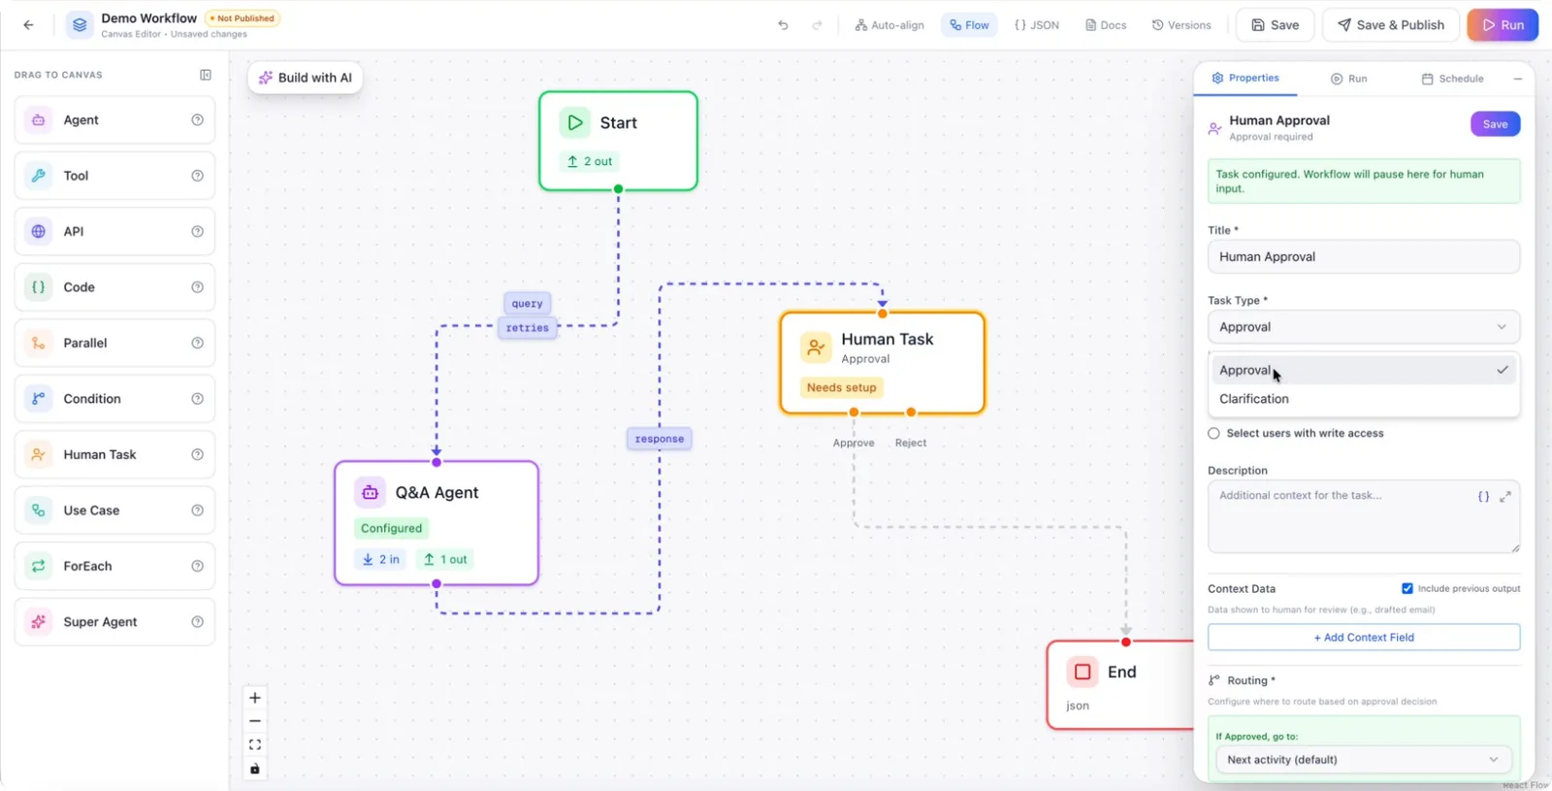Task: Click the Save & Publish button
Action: [1390, 25]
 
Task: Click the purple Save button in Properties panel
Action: [1495, 124]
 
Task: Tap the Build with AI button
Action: [305, 78]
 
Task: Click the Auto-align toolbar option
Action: [889, 25]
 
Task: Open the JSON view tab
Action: [1037, 25]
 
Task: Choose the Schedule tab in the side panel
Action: [1452, 79]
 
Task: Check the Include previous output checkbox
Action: [1406, 588]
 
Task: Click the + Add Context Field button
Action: [1364, 637]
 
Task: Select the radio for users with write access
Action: [1213, 433]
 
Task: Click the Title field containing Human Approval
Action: [1364, 256]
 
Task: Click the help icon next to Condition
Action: [198, 399]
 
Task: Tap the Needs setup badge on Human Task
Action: [841, 387]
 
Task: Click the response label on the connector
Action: [659, 439]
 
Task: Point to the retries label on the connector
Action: [528, 328]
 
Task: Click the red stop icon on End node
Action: [1083, 672]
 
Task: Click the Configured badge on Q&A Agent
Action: [391, 528]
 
